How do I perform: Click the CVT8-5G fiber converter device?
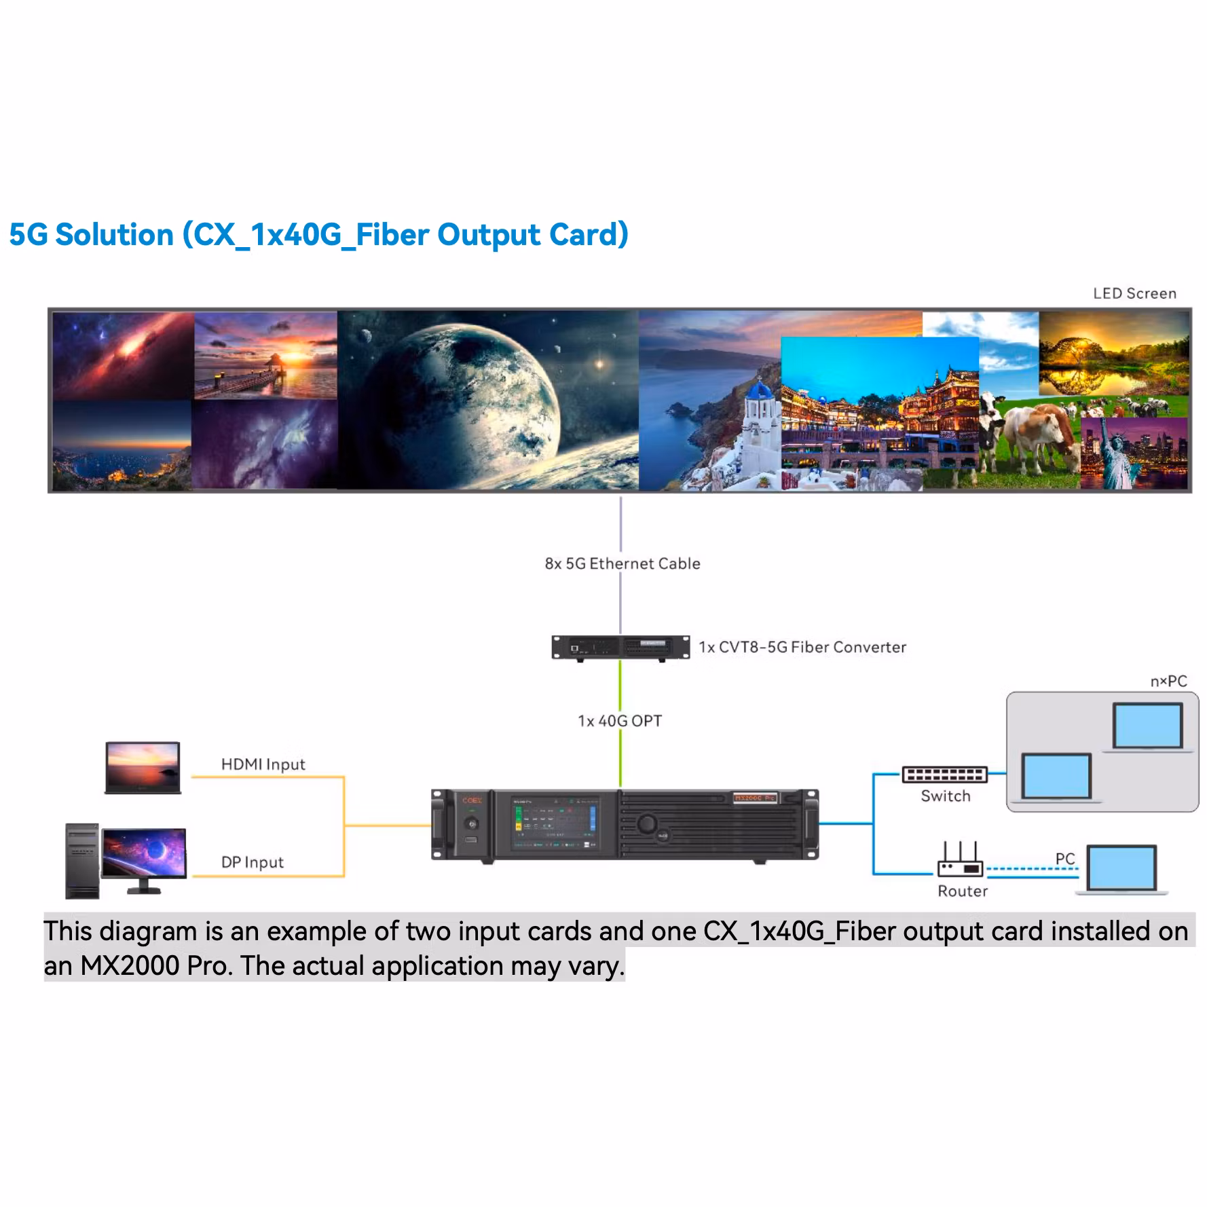620,647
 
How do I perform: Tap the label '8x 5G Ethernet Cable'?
622,563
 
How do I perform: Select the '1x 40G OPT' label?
619,721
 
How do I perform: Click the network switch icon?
944,775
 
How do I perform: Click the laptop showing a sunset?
143,768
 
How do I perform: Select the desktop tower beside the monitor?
81,861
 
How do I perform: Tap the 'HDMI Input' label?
263,764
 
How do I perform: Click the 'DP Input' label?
252,862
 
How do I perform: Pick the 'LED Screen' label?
1134,293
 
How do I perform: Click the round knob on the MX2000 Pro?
646,824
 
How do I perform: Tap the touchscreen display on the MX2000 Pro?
555,823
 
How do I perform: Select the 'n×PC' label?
1168,682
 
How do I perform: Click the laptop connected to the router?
1121,869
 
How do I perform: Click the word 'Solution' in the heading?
114,235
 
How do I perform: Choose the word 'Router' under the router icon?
962,891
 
